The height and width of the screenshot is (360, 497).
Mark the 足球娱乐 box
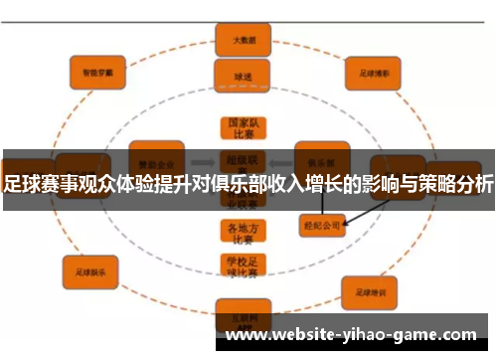point(90,269)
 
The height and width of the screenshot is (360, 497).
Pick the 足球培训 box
point(371,290)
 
